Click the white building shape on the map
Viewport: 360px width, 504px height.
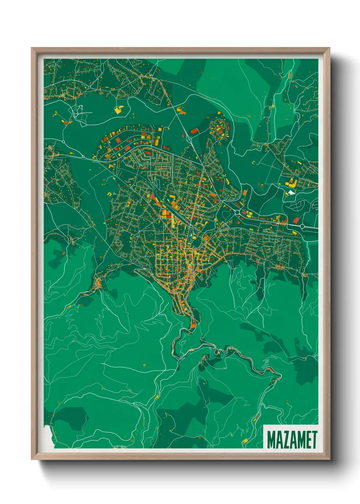[x=292, y=192]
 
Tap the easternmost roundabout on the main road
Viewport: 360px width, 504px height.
[x=302, y=227]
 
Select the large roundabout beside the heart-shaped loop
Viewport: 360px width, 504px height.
[x=237, y=213]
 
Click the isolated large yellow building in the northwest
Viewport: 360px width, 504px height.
[x=119, y=109]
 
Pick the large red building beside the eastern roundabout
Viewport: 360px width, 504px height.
[x=296, y=220]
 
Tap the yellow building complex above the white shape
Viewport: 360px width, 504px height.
[x=291, y=183]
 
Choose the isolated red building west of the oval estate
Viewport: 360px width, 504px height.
[x=194, y=131]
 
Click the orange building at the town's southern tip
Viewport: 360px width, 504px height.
[x=193, y=325]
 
